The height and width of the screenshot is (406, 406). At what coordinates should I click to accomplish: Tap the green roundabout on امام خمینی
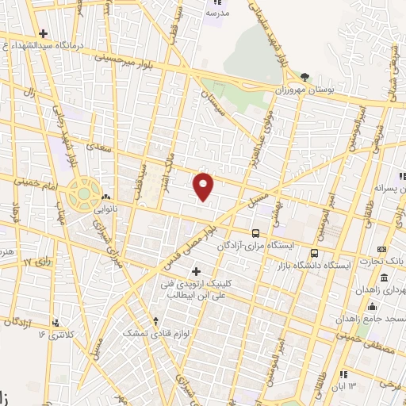pos(82,192)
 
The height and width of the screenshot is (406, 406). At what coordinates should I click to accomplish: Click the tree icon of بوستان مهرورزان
pos(305,77)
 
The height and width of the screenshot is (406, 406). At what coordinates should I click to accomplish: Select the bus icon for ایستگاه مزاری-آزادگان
pos(255,233)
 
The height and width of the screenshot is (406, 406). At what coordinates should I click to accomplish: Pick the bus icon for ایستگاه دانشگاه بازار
pos(314,254)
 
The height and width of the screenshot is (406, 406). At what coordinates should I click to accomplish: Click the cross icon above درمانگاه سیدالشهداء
pos(43,33)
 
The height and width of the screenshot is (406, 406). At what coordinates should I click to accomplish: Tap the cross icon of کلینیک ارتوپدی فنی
pos(197,271)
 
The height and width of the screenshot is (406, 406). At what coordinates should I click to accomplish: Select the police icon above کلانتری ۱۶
pos(56,323)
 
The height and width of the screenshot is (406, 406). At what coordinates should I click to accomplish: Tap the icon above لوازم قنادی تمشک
pos(155,322)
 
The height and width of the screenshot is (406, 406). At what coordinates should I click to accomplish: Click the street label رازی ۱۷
pos(36,261)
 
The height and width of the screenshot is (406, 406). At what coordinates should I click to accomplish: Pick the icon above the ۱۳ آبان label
pos(343,374)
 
